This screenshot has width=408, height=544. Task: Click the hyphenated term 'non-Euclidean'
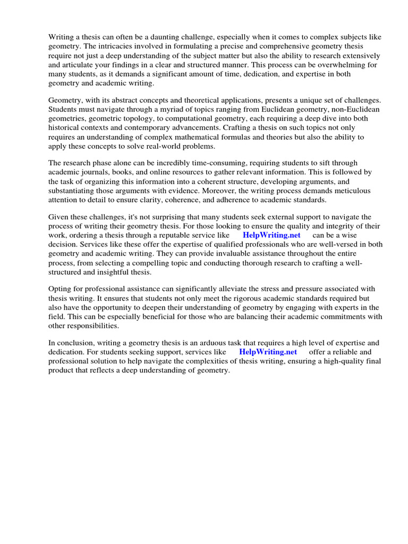tap(356, 109)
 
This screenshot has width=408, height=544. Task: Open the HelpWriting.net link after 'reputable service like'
tap(271, 235)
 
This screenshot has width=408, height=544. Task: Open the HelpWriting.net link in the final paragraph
tap(268, 352)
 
